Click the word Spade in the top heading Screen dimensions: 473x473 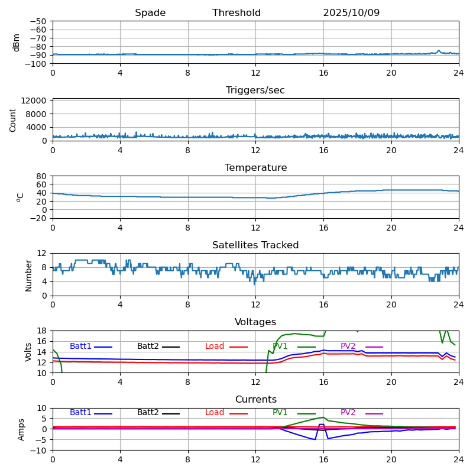[150, 13]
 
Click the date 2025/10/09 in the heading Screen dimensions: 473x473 [351, 13]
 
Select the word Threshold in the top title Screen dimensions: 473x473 [237, 13]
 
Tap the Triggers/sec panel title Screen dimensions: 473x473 [255, 90]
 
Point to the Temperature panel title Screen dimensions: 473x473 [255, 168]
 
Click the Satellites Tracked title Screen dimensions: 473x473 [255, 245]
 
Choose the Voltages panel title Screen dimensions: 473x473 [255, 322]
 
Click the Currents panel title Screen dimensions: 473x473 [255, 400]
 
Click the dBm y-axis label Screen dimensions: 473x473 [17, 42]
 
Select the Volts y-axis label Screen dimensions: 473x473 [28, 351]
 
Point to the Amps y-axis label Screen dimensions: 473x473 [21, 429]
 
